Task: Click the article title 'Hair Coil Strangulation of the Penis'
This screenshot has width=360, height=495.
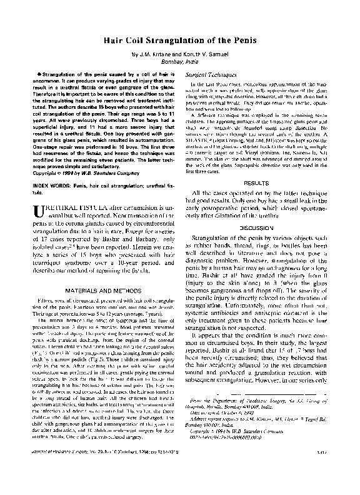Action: pos(180,39)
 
